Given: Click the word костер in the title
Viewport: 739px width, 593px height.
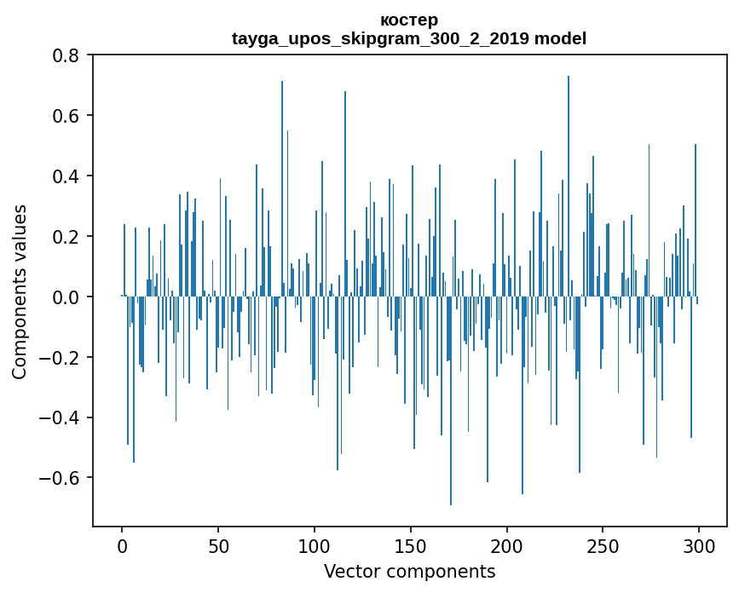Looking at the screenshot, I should [409, 20].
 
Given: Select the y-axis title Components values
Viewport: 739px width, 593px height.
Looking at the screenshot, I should [20, 291].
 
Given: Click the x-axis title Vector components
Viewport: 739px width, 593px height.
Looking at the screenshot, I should [409, 572].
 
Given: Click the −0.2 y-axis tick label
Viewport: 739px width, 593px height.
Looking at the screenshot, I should [62, 358].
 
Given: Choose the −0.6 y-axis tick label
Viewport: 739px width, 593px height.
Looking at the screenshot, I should [62, 478].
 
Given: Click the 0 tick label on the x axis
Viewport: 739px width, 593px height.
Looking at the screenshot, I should [122, 545].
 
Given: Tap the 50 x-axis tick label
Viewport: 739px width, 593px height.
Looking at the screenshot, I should [218, 545].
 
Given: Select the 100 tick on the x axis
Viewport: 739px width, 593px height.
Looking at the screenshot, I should [315, 545].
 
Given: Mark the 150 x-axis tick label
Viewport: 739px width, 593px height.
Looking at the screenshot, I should [411, 545].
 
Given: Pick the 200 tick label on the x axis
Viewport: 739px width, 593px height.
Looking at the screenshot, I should [506, 545].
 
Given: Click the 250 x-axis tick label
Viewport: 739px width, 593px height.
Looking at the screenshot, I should [603, 545].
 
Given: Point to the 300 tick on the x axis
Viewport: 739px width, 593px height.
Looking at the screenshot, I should [699, 545].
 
